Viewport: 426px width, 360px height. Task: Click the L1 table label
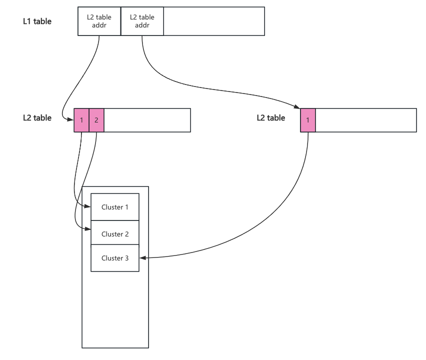(37, 21)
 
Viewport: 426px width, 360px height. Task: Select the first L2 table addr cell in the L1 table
(99, 21)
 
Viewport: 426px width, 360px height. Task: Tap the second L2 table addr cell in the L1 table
(142, 21)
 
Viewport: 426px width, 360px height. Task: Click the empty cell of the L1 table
(214, 21)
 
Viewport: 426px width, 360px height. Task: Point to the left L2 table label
(37, 118)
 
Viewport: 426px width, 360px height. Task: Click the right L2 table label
(271, 118)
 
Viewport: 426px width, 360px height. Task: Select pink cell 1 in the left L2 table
(81, 120)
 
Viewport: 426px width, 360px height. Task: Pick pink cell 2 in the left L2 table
(96, 120)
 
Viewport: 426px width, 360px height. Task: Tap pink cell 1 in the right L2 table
(308, 120)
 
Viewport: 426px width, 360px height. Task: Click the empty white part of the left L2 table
(147, 120)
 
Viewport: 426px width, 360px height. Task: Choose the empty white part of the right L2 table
(366, 120)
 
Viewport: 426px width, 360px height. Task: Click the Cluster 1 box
(115, 207)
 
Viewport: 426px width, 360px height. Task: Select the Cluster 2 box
(115, 234)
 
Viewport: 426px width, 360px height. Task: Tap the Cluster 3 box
(115, 258)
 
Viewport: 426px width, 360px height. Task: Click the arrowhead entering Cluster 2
(88, 229)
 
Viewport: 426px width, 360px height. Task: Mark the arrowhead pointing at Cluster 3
(142, 258)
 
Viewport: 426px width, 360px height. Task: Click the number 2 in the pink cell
(96, 120)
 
